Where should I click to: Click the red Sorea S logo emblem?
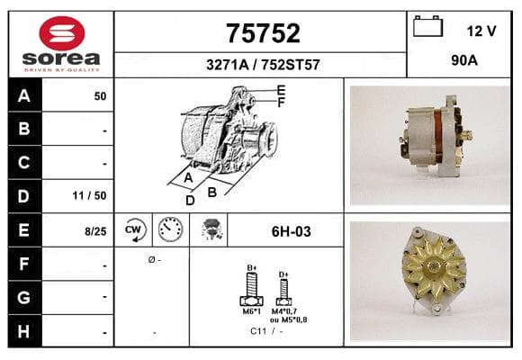tap(62, 33)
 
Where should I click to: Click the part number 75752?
tap(263, 33)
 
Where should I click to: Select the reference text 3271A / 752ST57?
tap(263, 65)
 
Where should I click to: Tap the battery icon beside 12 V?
tap(427, 26)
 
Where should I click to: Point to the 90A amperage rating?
tap(464, 60)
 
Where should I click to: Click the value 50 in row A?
tap(100, 96)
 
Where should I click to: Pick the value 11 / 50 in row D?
tap(90, 195)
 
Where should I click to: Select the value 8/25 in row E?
tap(95, 231)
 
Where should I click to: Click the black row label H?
tap(24, 331)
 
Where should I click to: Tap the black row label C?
tap(24, 163)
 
